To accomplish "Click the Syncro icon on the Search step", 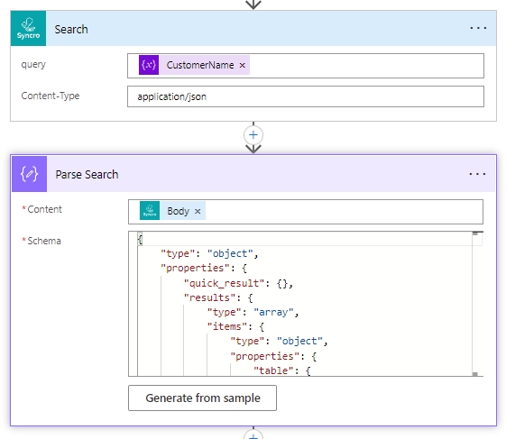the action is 28,28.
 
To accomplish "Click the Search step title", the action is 71,30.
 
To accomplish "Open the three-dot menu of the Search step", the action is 478,28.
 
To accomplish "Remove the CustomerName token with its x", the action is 242,66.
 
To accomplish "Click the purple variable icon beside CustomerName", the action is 149,65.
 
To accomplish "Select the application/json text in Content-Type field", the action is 171,96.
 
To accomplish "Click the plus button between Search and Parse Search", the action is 253,135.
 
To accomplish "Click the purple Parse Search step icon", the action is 30,174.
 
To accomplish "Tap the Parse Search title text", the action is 87,175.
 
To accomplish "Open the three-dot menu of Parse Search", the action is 477,174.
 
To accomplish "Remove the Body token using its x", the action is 198,211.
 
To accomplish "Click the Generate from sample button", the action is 202,398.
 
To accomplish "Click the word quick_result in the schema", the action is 225,283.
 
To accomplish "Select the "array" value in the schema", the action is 273,312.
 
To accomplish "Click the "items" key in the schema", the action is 227,326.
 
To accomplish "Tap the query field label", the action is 33,65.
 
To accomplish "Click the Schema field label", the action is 44,241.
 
